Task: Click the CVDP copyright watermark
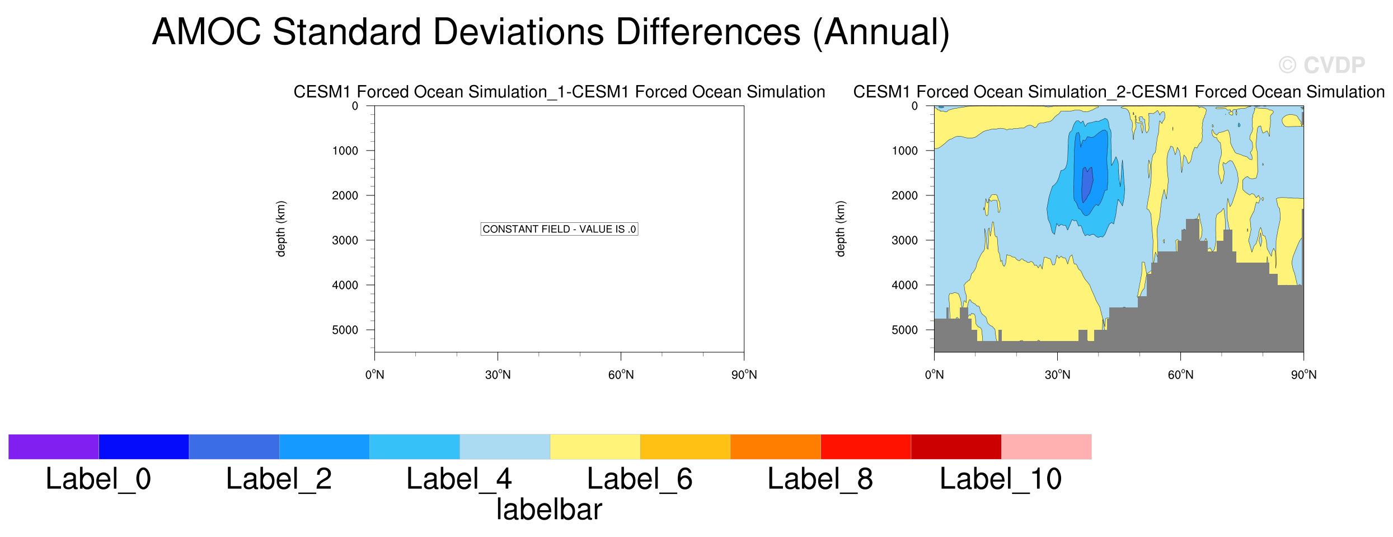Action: pyautogui.click(x=1321, y=66)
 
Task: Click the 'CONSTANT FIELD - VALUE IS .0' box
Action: pyautogui.click(x=559, y=229)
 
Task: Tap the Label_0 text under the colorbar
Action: pyautogui.click(x=99, y=479)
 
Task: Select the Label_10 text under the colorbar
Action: pyautogui.click(x=1001, y=479)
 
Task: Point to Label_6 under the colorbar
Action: pyautogui.click(x=640, y=479)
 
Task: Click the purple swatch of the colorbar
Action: pyautogui.click(x=54, y=447)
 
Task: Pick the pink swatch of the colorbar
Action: pyautogui.click(x=1046, y=447)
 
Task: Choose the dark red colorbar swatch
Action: pyautogui.click(x=956, y=447)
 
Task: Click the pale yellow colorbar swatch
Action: pyautogui.click(x=595, y=447)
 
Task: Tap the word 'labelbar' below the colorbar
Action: pyautogui.click(x=549, y=510)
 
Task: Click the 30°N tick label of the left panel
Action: pyautogui.click(x=498, y=375)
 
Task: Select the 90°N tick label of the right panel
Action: pyautogui.click(x=1303, y=375)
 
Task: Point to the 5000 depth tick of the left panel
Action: pyautogui.click(x=345, y=330)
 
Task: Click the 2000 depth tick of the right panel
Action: pyautogui.click(x=905, y=195)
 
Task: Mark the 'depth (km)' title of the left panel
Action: pyautogui.click(x=280, y=229)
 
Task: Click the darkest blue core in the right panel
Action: pyautogui.click(x=1086, y=185)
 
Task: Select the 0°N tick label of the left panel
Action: pyautogui.click(x=374, y=375)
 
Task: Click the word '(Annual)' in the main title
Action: pyautogui.click(x=881, y=32)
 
